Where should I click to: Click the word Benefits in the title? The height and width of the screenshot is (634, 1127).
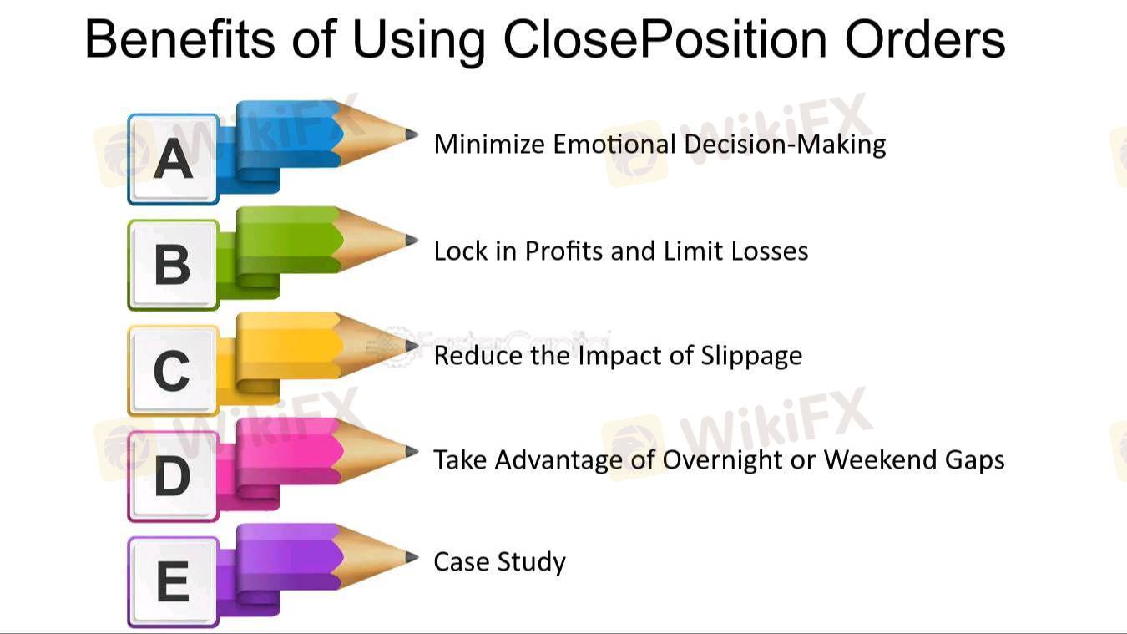point(180,38)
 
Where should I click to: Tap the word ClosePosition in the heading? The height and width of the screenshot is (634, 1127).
point(665,38)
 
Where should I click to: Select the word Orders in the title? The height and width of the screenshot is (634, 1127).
point(925,38)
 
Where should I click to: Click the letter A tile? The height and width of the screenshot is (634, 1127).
point(173,160)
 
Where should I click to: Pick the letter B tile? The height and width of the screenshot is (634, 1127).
point(173,265)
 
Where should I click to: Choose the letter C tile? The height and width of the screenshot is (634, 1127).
point(173,371)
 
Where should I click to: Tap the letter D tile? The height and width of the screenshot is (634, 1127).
point(173,476)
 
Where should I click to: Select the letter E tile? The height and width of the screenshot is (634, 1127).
point(173,582)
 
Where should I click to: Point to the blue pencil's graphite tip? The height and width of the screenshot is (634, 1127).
point(412,135)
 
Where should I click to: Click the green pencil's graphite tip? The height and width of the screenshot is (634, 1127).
point(412,241)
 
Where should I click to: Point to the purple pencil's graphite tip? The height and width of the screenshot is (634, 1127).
point(412,557)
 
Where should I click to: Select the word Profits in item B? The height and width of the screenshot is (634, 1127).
point(564,251)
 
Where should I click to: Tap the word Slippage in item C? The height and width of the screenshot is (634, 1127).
point(751,357)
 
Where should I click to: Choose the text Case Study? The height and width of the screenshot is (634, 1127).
point(499,562)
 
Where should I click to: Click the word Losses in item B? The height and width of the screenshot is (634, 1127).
point(770,251)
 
